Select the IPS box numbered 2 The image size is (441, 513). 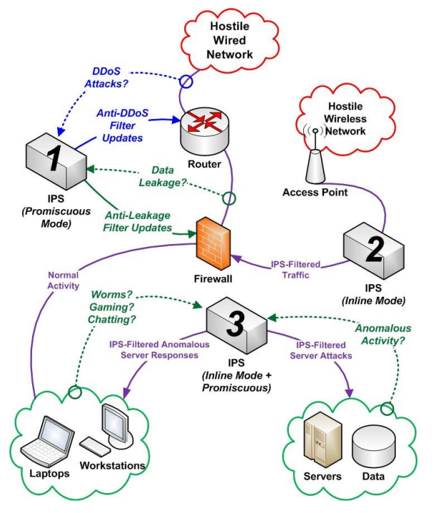tap(373, 250)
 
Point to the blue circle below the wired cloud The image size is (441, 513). tap(186, 81)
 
